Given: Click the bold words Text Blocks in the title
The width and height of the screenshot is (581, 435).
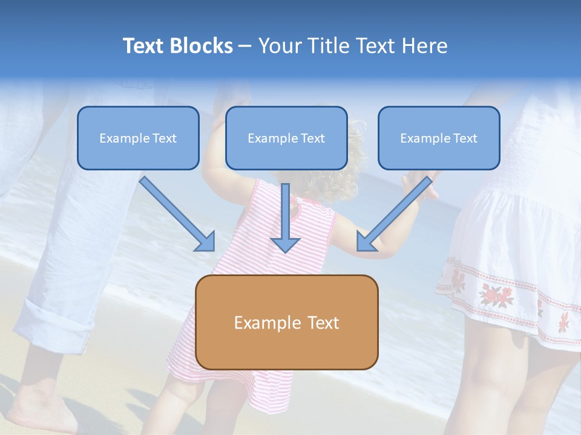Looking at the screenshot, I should tap(177, 46).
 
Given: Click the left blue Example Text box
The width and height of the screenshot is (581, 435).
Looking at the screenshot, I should tap(138, 138).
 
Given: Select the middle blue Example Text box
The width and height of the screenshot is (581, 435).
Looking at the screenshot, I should tap(286, 138).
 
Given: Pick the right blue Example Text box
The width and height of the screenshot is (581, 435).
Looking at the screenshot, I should tap(439, 138).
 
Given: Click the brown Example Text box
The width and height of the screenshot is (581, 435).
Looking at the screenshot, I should tap(286, 322).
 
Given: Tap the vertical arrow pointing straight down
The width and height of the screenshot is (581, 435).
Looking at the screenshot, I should tap(285, 217).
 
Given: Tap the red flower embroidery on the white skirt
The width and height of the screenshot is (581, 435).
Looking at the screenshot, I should tap(496, 294).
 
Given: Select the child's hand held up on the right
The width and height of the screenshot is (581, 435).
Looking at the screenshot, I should tap(424, 184).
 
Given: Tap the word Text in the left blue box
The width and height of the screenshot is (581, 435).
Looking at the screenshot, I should tap(165, 138).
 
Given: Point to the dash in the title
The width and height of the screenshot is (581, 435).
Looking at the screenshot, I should tap(245, 46).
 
